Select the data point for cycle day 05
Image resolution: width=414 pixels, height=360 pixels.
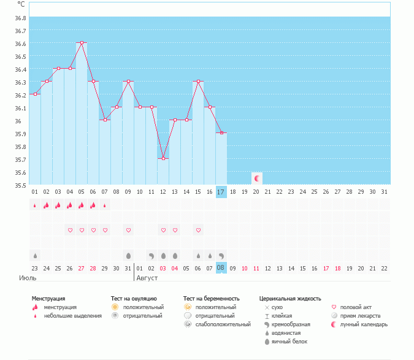tap(82, 43)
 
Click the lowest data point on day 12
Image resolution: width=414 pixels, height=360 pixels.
tap(163, 159)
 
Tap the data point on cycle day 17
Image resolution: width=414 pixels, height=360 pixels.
tap(221, 133)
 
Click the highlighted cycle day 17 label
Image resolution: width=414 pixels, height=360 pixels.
tap(221, 192)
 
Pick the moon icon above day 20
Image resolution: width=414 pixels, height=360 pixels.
tap(257, 178)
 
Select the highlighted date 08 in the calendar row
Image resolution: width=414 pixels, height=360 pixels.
tap(221, 268)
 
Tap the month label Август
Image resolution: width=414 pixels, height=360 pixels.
tap(147, 278)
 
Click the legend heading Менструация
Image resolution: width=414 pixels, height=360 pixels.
tap(48, 299)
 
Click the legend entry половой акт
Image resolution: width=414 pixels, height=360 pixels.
tap(356, 307)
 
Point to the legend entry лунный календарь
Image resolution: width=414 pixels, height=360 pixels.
tap(364, 324)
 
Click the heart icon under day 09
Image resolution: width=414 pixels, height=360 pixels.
tap(128, 230)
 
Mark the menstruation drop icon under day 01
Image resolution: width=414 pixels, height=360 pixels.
tap(35, 205)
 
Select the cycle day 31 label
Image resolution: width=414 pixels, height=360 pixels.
tap(384, 192)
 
